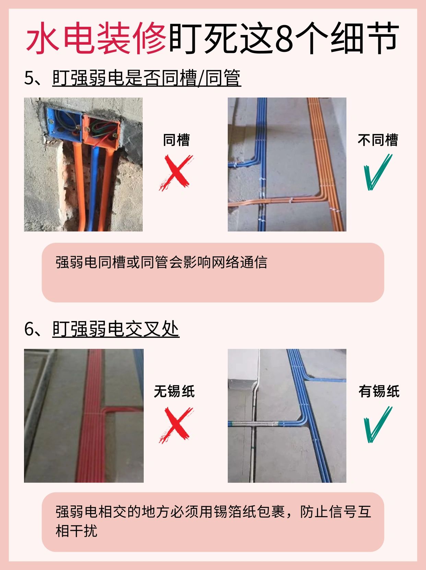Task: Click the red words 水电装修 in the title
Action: point(96,38)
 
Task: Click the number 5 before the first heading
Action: point(29,78)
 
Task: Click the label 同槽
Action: point(176,140)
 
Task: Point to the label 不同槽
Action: point(378,140)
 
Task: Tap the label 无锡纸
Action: point(174,391)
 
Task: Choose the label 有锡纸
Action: point(379,391)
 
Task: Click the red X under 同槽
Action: point(176,173)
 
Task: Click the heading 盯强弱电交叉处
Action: point(116,329)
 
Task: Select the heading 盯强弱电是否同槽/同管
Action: point(147,78)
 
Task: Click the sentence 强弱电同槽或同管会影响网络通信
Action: point(161,262)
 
